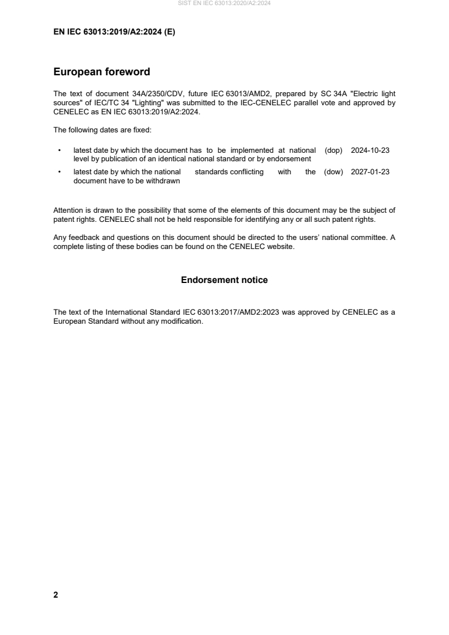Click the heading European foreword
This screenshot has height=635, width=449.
pyautogui.click(x=101, y=72)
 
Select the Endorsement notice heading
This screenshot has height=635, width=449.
pyautogui.click(x=224, y=280)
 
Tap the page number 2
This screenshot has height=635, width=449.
pyautogui.click(x=55, y=595)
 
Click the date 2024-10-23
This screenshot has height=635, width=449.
pyautogui.click(x=370, y=151)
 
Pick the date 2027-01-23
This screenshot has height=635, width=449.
pyautogui.click(x=370, y=172)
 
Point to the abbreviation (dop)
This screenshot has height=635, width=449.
pyautogui.click(x=334, y=151)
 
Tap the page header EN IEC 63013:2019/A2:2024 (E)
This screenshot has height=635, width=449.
pyautogui.click(x=114, y=32)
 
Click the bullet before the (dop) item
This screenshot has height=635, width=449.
pyautogui.click(x=59, y=151)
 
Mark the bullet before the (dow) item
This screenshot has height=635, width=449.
pyautogui.click(x=59, y=172)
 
